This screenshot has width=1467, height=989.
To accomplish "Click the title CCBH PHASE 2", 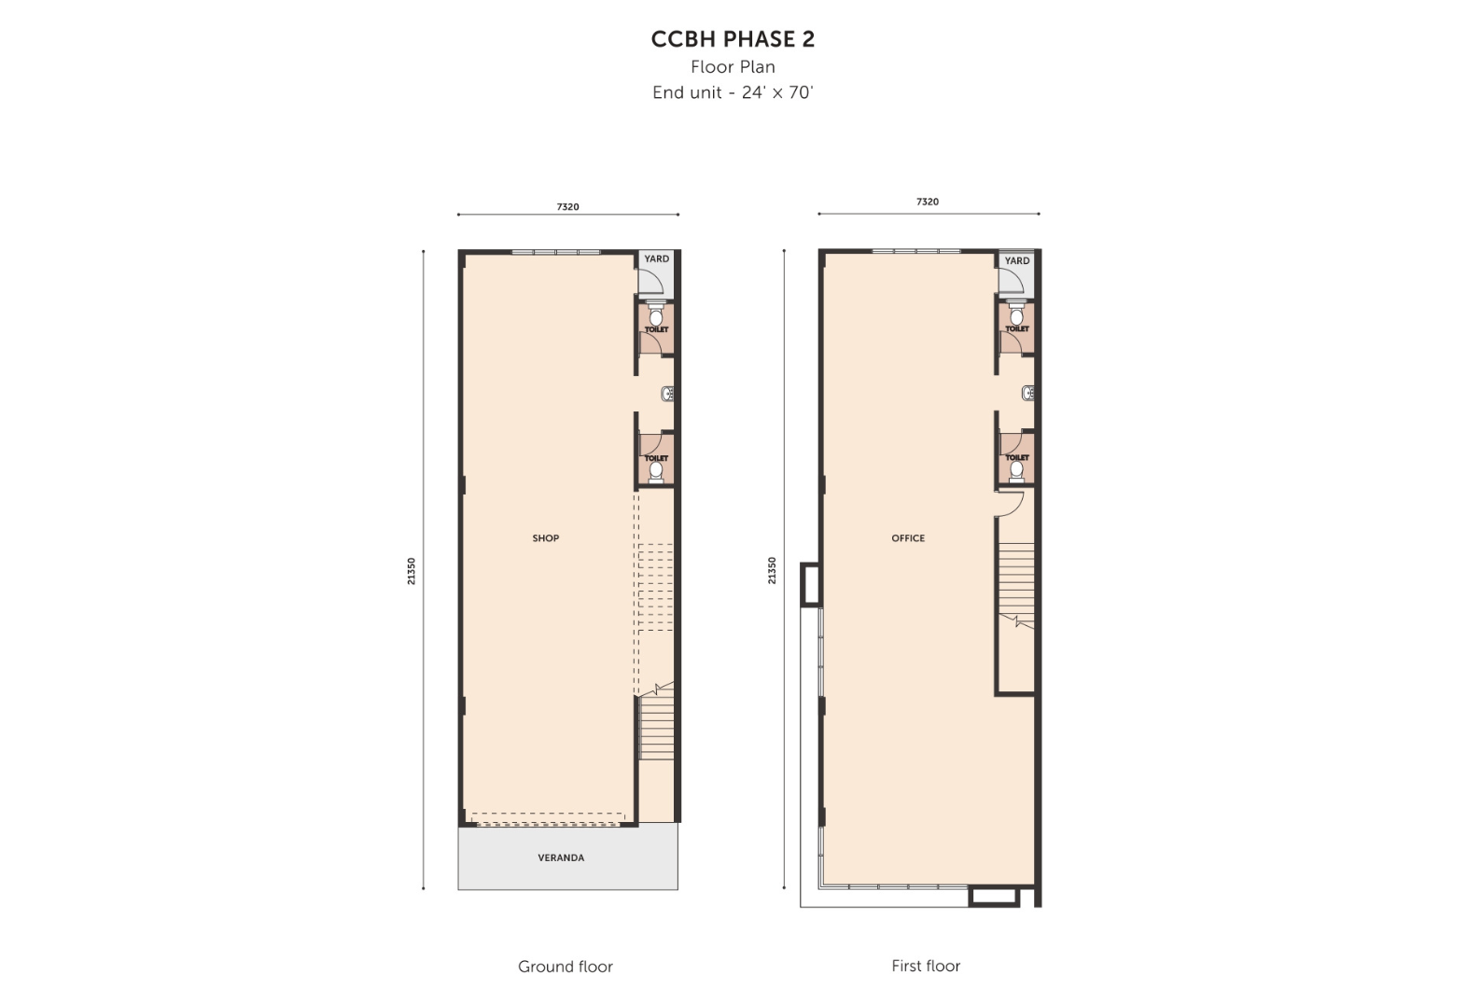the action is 733,39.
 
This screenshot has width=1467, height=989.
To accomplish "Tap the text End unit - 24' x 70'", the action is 733,92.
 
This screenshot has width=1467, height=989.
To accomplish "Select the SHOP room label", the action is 546,538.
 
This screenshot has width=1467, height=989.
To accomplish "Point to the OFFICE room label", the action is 908,538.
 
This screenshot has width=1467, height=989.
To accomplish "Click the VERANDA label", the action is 561,858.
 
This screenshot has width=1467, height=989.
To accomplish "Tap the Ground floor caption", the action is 566,967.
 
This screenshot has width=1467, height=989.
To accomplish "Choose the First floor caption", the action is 926,966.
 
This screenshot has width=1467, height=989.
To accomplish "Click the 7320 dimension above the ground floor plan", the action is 567,207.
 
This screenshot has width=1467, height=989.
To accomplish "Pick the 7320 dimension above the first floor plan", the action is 928,202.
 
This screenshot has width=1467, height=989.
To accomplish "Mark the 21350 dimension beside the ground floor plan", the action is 412,571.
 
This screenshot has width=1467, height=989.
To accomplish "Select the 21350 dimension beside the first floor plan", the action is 772,570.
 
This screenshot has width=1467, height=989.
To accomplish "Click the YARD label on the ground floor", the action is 656,258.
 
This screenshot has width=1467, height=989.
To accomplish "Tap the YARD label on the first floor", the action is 1017,260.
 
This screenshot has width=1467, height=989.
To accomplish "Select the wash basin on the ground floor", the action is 667,395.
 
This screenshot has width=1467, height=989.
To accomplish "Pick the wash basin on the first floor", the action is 1027,393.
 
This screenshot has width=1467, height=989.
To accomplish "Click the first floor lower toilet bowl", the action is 1016,470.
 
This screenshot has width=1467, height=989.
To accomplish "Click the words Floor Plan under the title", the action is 733,67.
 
